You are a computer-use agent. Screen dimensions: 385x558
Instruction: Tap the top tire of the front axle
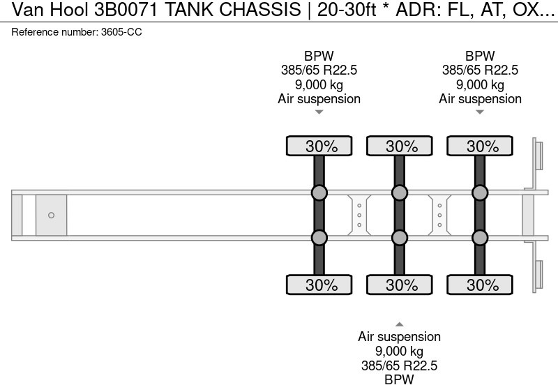coord(319,146)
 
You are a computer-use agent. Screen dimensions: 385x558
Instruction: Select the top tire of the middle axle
coord(400,146)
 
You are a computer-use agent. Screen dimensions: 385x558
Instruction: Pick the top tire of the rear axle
coord(480,146)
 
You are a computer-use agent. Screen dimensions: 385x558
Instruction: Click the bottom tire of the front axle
coord(319,285)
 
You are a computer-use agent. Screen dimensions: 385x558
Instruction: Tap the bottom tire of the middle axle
coord(400,285)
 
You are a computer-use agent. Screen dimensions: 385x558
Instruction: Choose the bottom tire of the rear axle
coord(480,285)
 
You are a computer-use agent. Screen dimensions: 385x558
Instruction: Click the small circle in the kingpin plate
coord(51,215)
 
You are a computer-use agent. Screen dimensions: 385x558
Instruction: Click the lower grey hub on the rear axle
coord(480,238)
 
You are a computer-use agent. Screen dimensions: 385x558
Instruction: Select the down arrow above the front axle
coord(319,112)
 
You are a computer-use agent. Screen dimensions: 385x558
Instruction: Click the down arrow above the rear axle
coord(480,112)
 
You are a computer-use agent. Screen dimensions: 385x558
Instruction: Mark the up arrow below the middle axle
coord(400,324)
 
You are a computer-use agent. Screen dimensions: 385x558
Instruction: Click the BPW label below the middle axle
coord(400,379)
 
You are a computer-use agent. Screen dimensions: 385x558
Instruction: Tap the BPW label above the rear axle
coord(480,56)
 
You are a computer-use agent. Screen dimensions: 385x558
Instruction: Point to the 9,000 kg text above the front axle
coord(319,84)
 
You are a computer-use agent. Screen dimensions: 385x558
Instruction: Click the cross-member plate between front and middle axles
coord(359,215)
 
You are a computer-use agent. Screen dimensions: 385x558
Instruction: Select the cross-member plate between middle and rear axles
coord(439,215)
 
